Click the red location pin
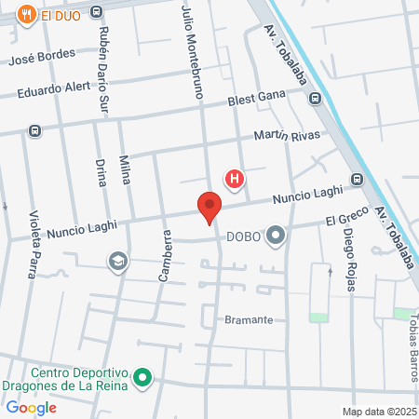[x=209, y=206]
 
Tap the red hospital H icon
[x=236, y=178]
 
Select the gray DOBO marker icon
[x=276, y=237]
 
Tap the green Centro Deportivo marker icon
[x=142, y=378]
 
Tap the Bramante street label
[x=249, y=319]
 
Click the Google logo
[x=31, y=407]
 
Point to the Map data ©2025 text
[x=379, y=412]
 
